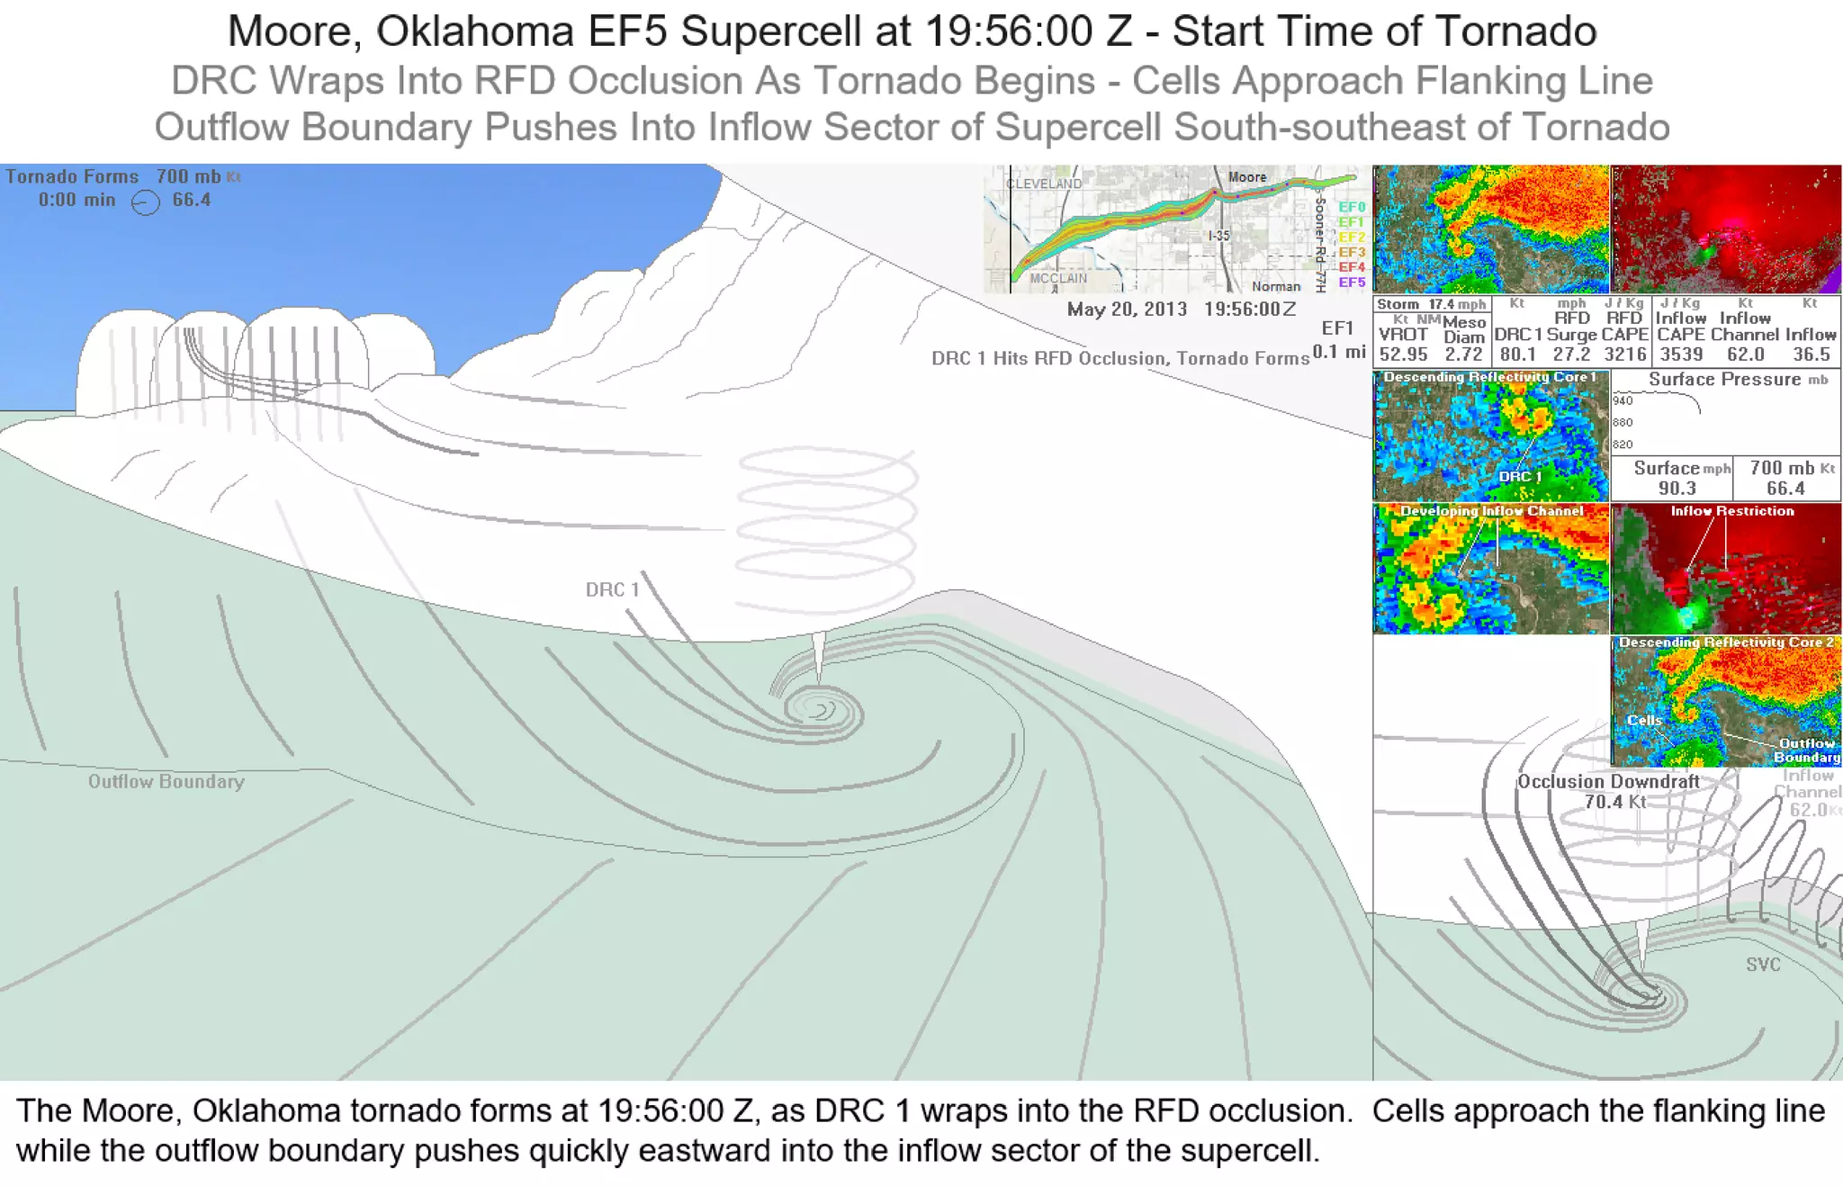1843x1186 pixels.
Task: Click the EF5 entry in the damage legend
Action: [x=1352, y=283]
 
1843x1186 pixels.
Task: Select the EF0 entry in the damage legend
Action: [x=1352, y=207]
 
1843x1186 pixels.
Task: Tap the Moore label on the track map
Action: [x=1246, y=177]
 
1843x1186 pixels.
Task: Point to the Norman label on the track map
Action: [x=1276, y=286]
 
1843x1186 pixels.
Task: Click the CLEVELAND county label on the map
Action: [x=1044, y=184]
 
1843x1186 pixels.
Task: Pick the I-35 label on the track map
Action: [x=1218, y=236]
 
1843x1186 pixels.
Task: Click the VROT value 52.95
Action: [x=1403, y=355]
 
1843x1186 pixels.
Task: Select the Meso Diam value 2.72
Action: [x=1463, y=355]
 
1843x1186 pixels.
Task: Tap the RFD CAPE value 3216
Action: [x=1625, y=355]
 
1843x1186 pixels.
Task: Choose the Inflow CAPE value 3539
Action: [x=1681, y=355]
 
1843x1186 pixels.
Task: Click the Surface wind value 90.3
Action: [x=1677, y=489]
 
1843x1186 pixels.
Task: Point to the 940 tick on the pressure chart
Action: [x=1623, y=400]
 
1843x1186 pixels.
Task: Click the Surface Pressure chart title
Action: [x=1724, y=380]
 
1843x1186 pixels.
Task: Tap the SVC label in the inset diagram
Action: [x=1763, y=965]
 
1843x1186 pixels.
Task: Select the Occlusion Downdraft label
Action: [x=1608, y=781]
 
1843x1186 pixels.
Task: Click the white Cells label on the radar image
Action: [x=1644, y=721]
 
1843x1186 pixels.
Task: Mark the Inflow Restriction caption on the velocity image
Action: [x=1732, y=511]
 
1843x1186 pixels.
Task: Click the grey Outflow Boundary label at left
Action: [x=166, y=781]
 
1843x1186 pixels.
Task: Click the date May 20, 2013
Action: [x=1127, y=310]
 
